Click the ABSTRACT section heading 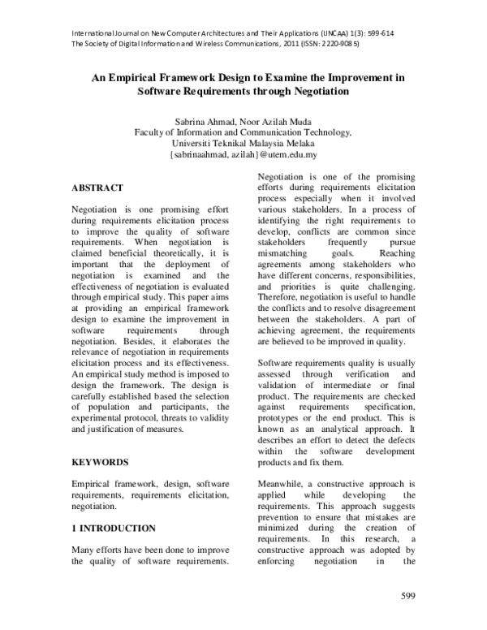point(97,188)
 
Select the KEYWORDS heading point(100,462)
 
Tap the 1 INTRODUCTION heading point(114,528)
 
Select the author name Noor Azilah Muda point(282,120)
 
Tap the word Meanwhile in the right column point(285,482)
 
